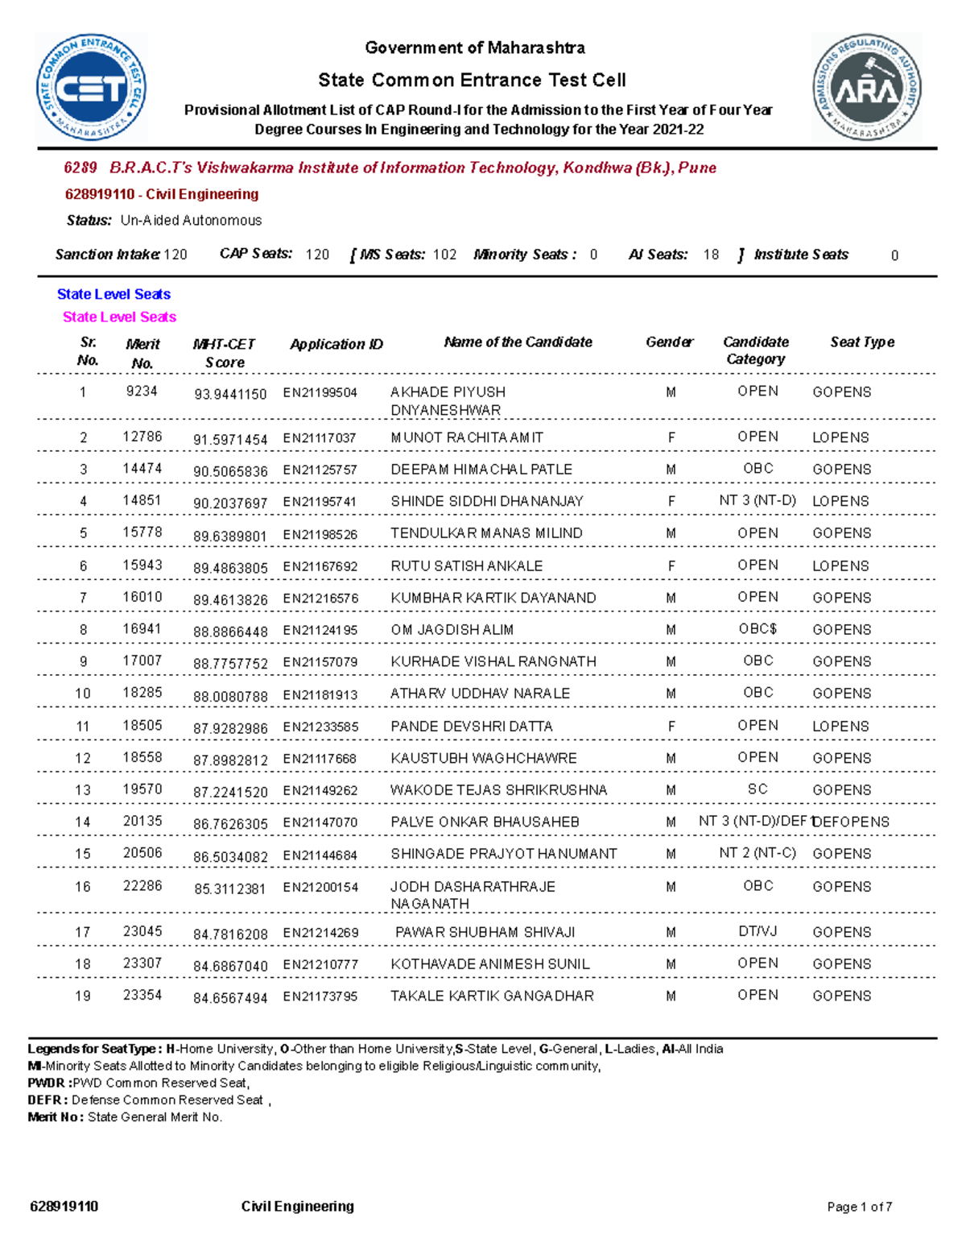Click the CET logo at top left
pos(91,88)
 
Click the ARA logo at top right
pos(866,88)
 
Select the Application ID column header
pos(336,344)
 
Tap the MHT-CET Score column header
pos(224,353)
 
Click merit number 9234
pos(142,391)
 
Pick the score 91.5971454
pos(230,440)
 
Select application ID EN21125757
pos(320,470)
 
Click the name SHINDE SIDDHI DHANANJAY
pos(486,501)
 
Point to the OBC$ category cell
pos(758,629)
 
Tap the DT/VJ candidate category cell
pos(758,932)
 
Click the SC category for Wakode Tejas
pos(758,789)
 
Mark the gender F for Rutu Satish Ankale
pos(671,565)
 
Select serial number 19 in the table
pos(83,996)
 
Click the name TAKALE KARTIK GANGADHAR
pos(492,996)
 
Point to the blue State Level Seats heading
pos(114,295)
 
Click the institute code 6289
pos(80,168)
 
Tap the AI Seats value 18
pos(711,255)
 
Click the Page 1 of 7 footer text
pos(859,1207)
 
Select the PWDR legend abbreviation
pos(47,1083)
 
